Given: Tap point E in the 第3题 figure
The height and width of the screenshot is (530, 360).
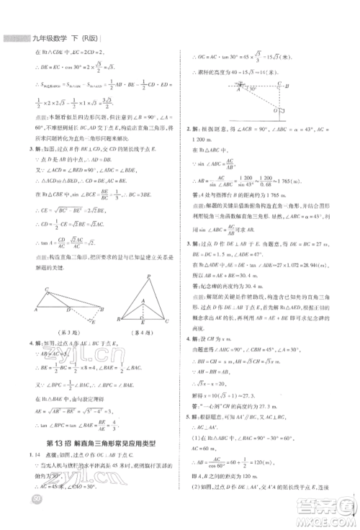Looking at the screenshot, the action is [95, 322].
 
